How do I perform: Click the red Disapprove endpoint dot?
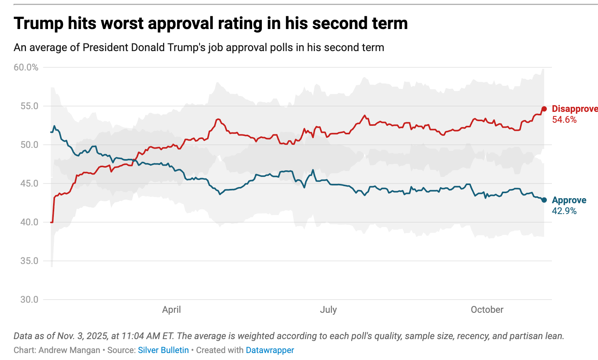point(544,109)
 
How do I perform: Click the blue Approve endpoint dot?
point(544,200)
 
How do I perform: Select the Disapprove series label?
point(574,109)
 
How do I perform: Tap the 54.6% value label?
point(564,120)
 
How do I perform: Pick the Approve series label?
point(569,200)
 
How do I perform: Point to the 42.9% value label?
point(564,211)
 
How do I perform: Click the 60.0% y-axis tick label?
point(26,67)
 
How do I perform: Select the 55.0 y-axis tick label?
point(29,106)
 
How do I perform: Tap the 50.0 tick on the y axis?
point(29,145)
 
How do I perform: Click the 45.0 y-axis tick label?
point(29,183)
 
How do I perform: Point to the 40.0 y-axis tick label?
point(29,222)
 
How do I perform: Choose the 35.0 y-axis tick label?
point(29,261)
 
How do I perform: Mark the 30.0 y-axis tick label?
point(29,300)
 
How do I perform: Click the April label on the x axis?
point(172,310)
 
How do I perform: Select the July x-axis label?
point(328,310)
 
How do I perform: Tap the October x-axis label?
point(487,310)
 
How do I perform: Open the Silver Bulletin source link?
point(163,350)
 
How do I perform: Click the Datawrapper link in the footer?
point(270,350)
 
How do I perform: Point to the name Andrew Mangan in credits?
point(69,350)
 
